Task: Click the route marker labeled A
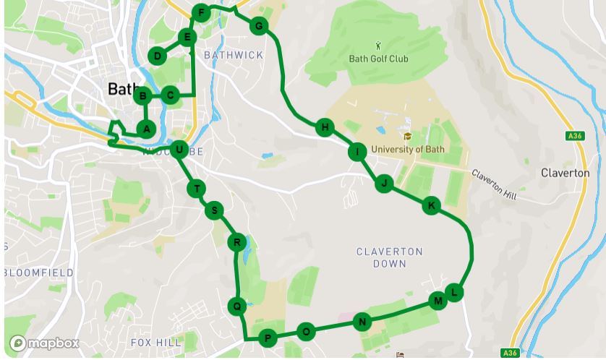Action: point(146,129)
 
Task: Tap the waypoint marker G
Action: point(258,27)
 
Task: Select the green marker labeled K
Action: point(431,206)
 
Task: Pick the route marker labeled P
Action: point(268,338)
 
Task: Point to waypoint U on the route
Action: point(178,150)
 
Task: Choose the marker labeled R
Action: point(236,242)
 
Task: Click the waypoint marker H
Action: point(325,128)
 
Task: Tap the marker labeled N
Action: point(363,322)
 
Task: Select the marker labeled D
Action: point(158,56)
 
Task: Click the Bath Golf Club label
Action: point(378,59)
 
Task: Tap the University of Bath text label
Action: point(408,150)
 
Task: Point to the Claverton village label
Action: point(565,173)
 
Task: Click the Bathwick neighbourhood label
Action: point(234,55)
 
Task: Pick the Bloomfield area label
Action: point(38,273)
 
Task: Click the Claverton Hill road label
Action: point(495,184)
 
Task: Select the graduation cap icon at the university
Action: point(407,136)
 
